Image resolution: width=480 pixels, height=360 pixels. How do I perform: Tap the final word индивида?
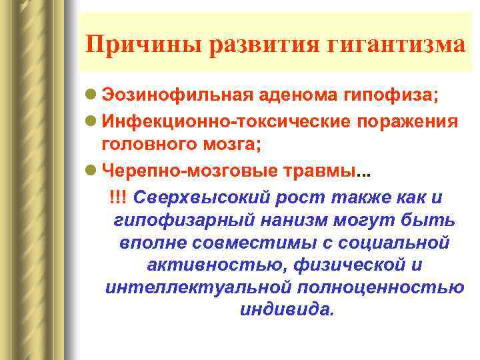click(284, 310)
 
